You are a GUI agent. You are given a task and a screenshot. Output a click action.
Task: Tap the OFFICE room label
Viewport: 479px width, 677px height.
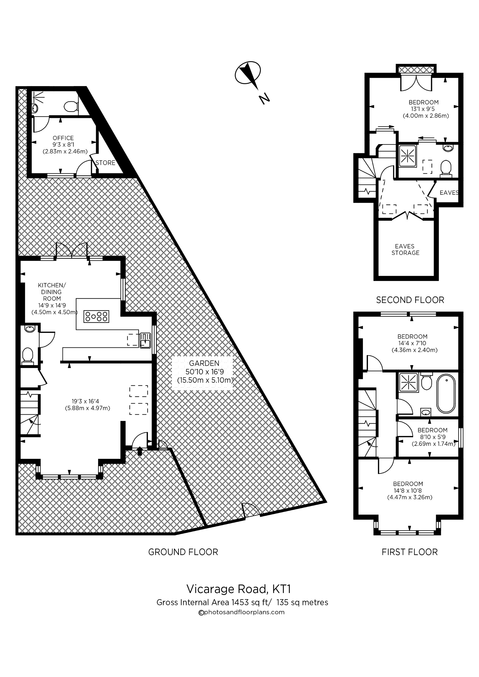[63, 138]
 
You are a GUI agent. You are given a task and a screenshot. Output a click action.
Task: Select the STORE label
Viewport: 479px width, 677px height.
[105, 163]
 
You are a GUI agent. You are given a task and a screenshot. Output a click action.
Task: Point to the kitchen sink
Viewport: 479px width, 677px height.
[145, 340]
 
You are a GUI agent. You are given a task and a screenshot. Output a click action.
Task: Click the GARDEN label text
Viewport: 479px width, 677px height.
[204, 364]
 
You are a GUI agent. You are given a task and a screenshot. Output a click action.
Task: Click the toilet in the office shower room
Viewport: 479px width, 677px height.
[71, 106]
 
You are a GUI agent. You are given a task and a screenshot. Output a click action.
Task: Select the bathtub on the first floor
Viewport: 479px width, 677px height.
[446, 394]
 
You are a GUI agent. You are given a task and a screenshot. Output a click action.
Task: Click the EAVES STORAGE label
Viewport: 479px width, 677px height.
[405, 249]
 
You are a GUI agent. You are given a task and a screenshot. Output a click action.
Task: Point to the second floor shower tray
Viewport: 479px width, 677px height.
[408, 156]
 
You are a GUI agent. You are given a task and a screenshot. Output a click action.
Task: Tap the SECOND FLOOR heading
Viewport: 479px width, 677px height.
[410, 300]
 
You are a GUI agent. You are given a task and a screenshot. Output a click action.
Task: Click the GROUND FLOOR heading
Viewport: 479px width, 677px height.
[183, 552]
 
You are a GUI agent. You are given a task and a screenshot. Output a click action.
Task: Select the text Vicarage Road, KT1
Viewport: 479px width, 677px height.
[239, 589]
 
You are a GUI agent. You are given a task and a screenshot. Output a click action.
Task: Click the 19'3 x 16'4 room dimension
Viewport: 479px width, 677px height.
[85, 401]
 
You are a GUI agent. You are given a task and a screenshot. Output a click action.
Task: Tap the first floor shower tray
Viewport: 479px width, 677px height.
[408, 383]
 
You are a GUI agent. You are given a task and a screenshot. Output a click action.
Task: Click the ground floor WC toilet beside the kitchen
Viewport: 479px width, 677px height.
[28, 354]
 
